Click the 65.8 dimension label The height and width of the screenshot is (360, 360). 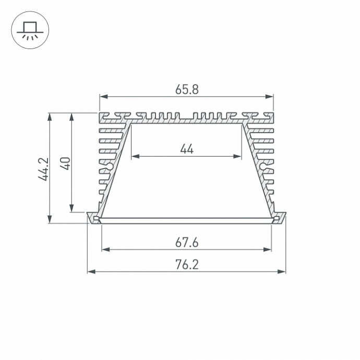point(187,89)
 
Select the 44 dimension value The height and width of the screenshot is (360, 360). point(187,149)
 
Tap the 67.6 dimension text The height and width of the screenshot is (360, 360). point(187,242)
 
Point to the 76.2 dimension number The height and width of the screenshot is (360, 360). point(187,265)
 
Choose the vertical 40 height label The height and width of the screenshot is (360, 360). point(65,163)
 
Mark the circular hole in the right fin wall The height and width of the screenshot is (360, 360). point(263,167)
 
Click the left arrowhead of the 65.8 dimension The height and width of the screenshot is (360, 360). point(103,97)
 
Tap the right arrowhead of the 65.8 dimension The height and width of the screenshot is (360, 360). point(270,97)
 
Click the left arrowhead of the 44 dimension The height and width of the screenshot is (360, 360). point(134,156)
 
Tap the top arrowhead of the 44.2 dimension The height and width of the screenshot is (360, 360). point(50,116)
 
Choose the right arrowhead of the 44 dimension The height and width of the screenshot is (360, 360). point(239,156)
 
